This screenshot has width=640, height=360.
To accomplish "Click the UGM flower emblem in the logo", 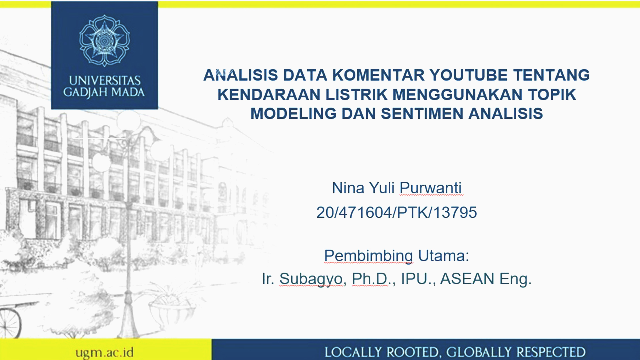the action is coord(104,41).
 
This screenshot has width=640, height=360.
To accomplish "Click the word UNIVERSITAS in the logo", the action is coord(105,81).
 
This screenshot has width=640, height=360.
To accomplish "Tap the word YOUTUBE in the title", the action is coord(468,75).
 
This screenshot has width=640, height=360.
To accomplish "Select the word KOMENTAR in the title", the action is coord(379,75).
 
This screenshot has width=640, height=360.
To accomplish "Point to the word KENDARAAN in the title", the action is coord(269,95).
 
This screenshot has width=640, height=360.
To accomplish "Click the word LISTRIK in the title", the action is coord(356,95).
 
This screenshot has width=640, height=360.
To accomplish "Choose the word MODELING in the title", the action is coord(293,114).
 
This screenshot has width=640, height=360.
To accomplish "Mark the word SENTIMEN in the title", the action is coord(422,114).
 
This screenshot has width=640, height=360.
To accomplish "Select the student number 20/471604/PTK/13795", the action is coord(397,213).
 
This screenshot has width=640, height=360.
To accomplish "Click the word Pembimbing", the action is coord(369,256).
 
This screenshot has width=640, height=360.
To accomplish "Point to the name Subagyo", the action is coord(311,279).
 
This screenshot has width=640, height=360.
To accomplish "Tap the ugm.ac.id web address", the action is coord(104,352).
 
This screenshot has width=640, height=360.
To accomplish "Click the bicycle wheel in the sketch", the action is coord(10,323).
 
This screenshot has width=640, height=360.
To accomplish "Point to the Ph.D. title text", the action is coord(370,279).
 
